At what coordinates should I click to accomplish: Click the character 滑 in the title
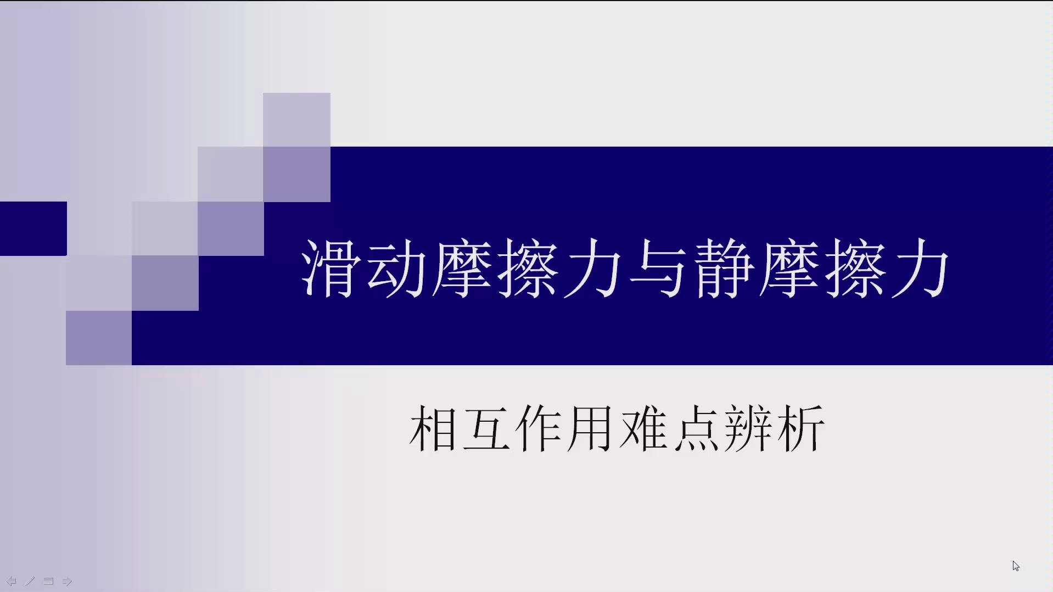click(x=328, y=268)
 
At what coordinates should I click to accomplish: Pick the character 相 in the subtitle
click(x=433, y=428)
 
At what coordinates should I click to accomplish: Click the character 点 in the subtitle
click(x=695, y=428)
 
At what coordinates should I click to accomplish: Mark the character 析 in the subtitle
click(x=800, y=428)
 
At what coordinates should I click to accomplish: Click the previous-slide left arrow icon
click(x=11, y=581)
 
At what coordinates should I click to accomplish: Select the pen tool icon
click(x=30, y=581)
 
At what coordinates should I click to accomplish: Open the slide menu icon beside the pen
click(x=48, y=581)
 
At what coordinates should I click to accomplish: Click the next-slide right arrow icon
click(x=67, y=581)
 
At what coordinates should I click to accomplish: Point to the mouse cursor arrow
click(x=1016, y=566)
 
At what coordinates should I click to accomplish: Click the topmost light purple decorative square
click(x=296, y=120)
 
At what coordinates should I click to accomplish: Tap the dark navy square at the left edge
click(x=33, y=228)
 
